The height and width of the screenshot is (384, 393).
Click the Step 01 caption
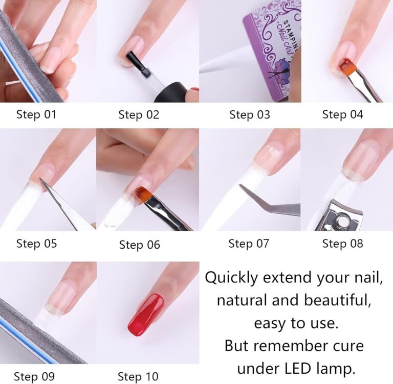36,114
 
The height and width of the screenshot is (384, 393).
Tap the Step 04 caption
342,114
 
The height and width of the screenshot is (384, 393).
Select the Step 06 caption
139,245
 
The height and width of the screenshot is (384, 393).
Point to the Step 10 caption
138,376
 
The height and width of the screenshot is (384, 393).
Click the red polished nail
146,315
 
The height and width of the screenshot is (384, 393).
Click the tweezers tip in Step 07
241,186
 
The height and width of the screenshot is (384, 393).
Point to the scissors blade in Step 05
58,203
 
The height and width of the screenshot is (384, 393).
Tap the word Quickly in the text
231,278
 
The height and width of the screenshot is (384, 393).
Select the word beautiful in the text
337,300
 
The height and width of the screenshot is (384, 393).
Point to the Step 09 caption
34,376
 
